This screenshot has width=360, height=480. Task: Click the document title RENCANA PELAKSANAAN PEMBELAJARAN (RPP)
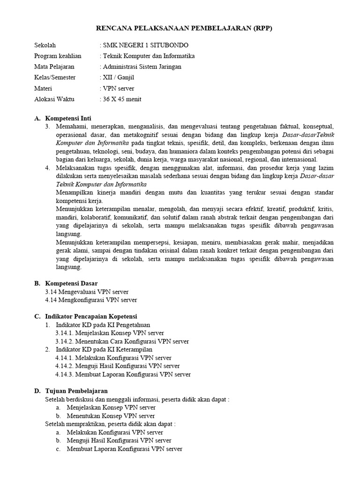pos(184,28)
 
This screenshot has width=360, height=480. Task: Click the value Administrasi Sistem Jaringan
pos(142,67)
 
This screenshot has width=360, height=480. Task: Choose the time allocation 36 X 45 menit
pos(121,99)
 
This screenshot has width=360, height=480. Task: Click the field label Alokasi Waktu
pos(54,99)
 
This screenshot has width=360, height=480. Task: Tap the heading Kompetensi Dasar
pos(71,283)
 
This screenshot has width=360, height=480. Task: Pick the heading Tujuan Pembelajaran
pos(76,390)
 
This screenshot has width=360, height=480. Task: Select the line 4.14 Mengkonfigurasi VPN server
pos(91,300)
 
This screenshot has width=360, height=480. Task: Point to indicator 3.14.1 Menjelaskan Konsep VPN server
pos(110,332)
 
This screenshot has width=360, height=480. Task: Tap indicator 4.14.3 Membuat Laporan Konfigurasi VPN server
pos(123,374)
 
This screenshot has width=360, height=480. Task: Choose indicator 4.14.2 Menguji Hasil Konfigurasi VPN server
pos(117,366)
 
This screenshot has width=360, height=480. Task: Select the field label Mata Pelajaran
pos(54,67)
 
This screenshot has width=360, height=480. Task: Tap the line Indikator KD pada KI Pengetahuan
pos(103,324)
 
